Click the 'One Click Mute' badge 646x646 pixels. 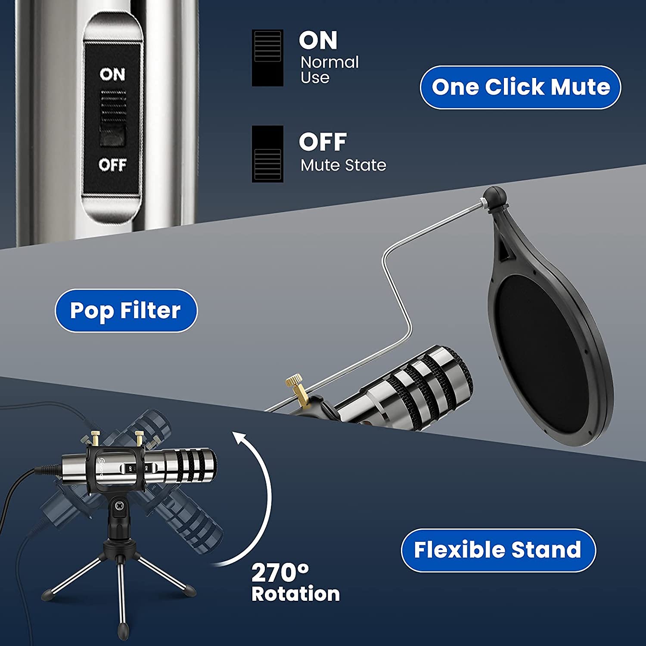pyautogui.click(x=520, y=87)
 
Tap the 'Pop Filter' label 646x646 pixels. pyautogui.click(x=126, y=311)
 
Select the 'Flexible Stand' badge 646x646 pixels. pyautogui.click(x=498, y=550)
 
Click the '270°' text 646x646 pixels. pyautogui.click(x=280, y=573)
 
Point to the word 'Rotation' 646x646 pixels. pyautogui.click(x=296, y=594)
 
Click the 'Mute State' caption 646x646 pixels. pyautogui.click(x=343, y=165)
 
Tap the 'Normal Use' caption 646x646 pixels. pyautogui.click(x=329, y=70)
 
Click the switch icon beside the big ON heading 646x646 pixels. pyautogui.click(x=267, y=58)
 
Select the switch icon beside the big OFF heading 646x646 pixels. pyautogui.click(x=267, y=154)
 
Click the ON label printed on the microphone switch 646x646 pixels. pyautogui.click(x=112, y=75)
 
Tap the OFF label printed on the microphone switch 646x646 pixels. pyautogui.click(x=112, y=165)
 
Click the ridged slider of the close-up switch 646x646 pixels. pyautogui.click(x=113, y=108)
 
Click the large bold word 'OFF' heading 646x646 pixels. pyautogui.click(x=323, y=142)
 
